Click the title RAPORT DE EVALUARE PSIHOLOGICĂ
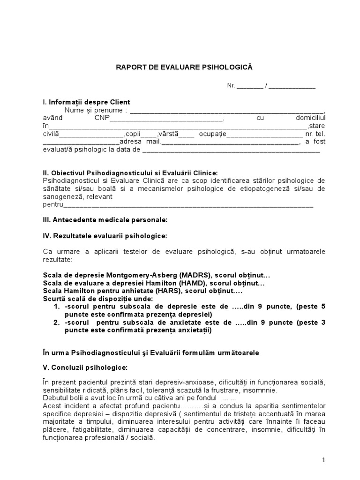click(x=184, y=67)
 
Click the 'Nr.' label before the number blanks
click(x=231, y=86)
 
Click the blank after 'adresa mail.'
click(x=230, y=142)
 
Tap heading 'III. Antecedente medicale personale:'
click(x=105, y=219)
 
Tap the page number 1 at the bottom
click(x=323, y=461)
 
